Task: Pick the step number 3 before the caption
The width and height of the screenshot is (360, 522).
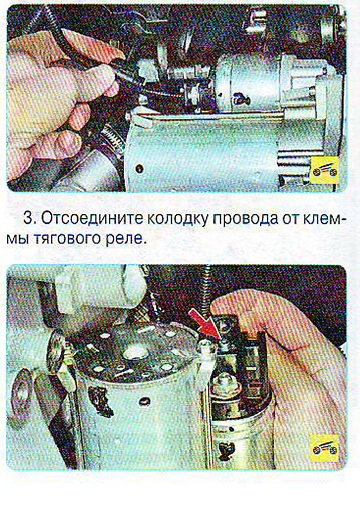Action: [x=30, y=219]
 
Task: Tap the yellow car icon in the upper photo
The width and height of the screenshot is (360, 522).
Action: [x=325, y=170]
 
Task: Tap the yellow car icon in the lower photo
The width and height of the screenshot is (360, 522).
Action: [x=325, y=449]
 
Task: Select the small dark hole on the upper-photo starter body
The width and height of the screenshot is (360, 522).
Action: [x=139, y=169]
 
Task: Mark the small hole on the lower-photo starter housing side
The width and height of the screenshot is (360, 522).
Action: [x=144, y=401]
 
